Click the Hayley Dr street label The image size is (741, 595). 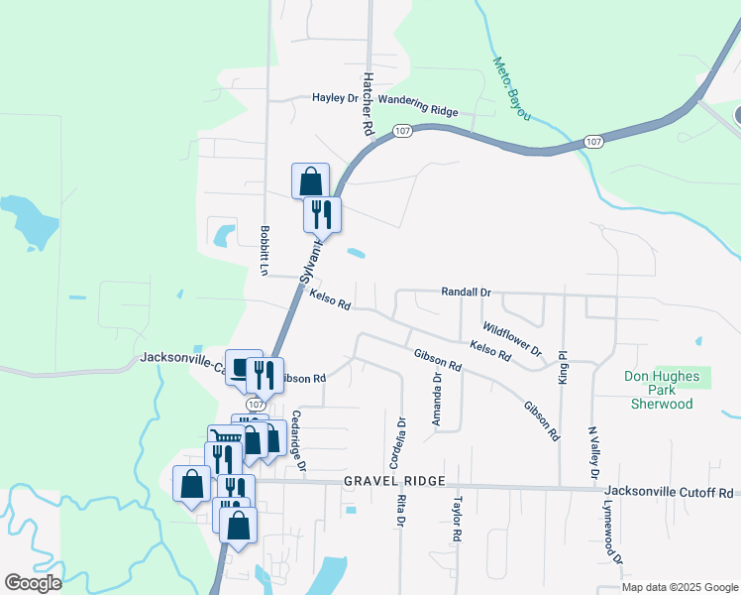point(335,98)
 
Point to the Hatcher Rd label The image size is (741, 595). point(368,103)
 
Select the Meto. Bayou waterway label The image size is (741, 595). point(512,88)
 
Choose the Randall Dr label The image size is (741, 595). point(466,293)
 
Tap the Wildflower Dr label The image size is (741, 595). point(512,339)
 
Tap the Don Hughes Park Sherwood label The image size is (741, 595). point(662,390)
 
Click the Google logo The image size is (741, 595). point(34,582)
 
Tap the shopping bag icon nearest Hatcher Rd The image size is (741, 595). point(311,181)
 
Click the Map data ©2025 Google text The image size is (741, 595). point(680,587)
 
